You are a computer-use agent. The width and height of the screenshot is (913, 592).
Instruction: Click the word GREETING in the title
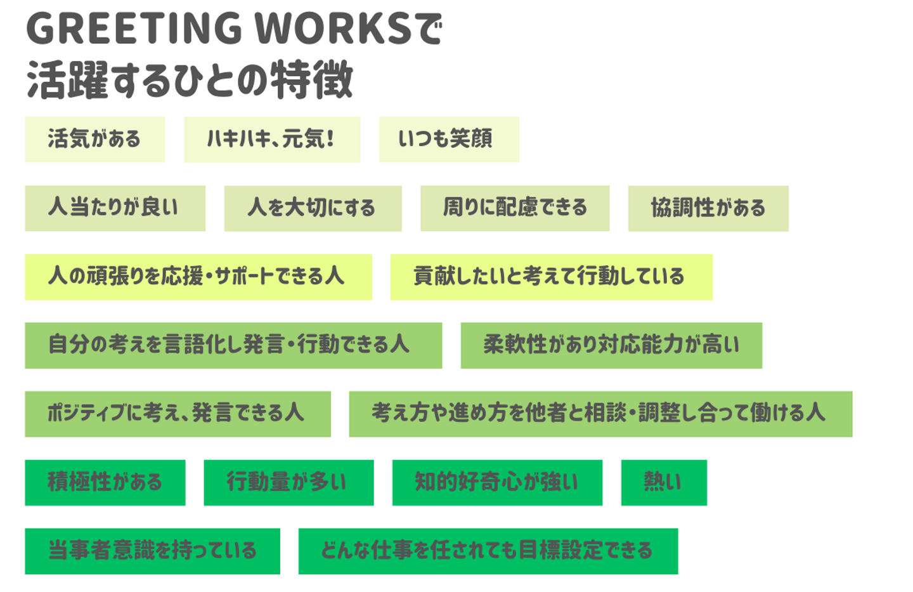pos(134,29)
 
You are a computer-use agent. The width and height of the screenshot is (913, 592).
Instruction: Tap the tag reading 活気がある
pos(95,139)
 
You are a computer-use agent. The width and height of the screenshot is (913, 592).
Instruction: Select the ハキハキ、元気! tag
pos(272,139)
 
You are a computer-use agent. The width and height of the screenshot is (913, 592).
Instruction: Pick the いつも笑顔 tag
pos(449,139)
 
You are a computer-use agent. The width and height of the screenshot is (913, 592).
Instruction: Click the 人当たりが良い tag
pos(115,208)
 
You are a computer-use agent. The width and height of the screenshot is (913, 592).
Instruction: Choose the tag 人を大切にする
pos(313,208)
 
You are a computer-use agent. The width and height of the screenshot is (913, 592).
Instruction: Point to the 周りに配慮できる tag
pos(515,208)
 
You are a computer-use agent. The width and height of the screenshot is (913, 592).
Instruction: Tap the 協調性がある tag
pos(708,208)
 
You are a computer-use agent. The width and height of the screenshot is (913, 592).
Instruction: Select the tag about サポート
pos(198,277)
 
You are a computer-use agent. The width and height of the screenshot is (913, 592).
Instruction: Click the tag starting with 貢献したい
pos(551,277)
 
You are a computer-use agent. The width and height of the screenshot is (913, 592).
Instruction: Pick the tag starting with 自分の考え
pos(233,345)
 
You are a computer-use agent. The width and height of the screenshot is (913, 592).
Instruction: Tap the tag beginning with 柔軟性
pos(611,345)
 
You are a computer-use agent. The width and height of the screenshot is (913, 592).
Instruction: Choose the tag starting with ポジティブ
pos(178,414)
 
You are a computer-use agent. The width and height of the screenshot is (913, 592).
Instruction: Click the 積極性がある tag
pos(105,482)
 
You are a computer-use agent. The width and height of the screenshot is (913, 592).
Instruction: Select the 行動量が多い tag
pos(288,482)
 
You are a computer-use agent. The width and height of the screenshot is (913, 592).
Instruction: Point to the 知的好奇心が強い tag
pos(497,482)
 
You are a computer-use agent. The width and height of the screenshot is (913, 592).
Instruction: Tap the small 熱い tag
pos(664,482)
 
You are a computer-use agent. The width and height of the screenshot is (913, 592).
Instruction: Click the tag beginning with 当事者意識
pos(152,551)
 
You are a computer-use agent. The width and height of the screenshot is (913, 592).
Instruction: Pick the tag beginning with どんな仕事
pos(488,551)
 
